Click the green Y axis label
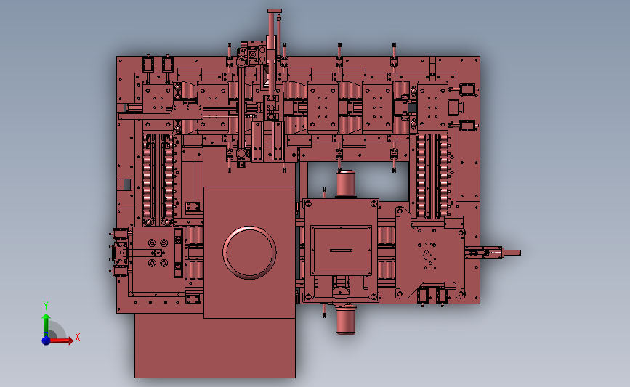[45, 306]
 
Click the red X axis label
[77, 337]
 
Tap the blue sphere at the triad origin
[46, 340]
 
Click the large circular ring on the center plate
[250, 252]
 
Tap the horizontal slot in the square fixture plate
[342, 250]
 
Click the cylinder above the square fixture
[346, 184]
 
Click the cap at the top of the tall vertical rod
[274, 10]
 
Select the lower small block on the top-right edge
[466, 124]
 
